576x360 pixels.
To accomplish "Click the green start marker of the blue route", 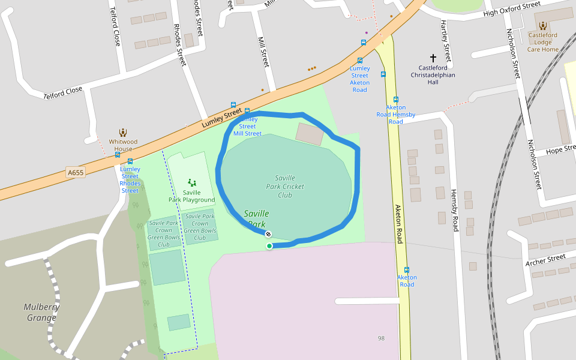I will pos(269,246).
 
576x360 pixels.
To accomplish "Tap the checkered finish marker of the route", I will pos(268,234).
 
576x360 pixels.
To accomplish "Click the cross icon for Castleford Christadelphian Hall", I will pos(433,59).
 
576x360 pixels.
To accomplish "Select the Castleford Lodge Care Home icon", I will pos(543,25).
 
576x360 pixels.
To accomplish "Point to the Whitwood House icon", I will pos(123,133).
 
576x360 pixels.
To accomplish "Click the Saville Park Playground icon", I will pos(191,182).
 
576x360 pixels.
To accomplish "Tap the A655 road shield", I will pos(76,173).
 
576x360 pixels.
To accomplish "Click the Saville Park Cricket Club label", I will pos(285,186).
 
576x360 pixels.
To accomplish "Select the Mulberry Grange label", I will pos(42,312).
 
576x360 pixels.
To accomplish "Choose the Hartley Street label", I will pos(445,40).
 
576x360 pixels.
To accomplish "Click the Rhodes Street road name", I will pos(180,46).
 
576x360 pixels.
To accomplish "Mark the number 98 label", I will pos(381,338).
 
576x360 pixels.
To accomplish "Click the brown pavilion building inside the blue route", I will pos(310,134).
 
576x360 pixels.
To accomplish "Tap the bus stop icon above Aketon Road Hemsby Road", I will pos(396,100).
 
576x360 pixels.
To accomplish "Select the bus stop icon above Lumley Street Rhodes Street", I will pos(130,161).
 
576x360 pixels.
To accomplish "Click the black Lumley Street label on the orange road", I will pos(221,117).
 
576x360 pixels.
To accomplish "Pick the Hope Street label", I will pos(561,150).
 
